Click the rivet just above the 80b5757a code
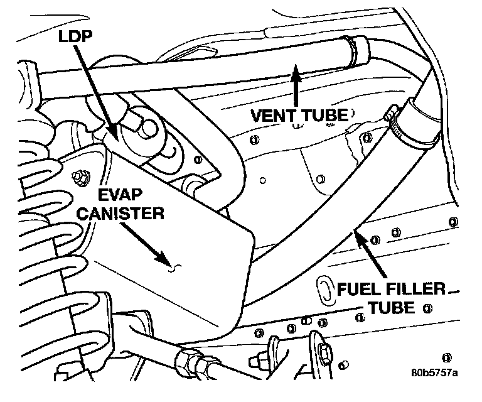point(447,356)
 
